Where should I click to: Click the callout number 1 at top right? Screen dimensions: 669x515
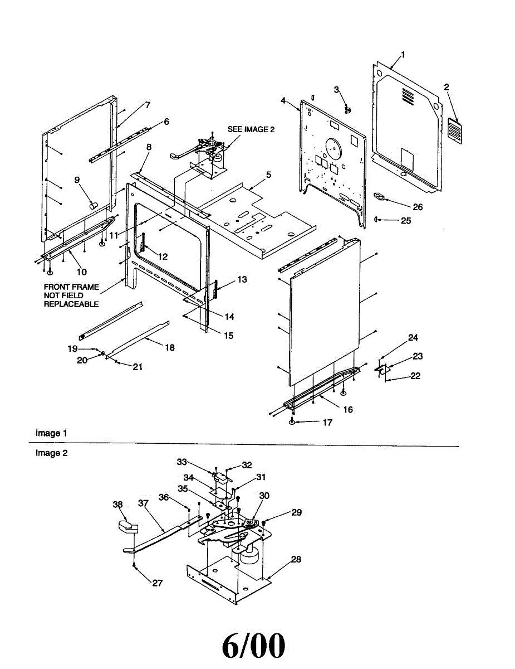click(x=403, y=55)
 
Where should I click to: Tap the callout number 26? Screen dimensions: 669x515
click(x=418, y=207)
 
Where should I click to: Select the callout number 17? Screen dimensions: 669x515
click(x=327, y=423)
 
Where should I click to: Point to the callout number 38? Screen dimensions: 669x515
click(x=117, y=505)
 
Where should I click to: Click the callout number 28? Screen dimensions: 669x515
click(x=296, y=559)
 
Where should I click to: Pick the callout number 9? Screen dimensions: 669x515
click(x=77, y=180)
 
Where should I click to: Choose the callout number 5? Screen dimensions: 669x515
click(x=268, y=174)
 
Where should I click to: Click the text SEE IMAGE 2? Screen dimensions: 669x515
click(x=251, y=129)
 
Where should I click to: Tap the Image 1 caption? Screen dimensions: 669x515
click(x=51, y=433)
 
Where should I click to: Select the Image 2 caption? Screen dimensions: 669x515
click(x=51, y=453)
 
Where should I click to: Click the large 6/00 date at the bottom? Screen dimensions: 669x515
click(x=254, y=645)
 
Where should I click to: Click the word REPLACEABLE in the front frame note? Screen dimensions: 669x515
click(x=71, y=304)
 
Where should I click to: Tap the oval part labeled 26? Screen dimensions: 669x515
click(x=380, y=196)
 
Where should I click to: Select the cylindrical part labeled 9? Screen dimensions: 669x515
click(x=92, y=206)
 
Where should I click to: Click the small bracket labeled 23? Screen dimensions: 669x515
click(x=382, y=369)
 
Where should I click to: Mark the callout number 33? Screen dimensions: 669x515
click(x=182, y=462)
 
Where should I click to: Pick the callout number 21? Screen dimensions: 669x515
click(x=137, y=366)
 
